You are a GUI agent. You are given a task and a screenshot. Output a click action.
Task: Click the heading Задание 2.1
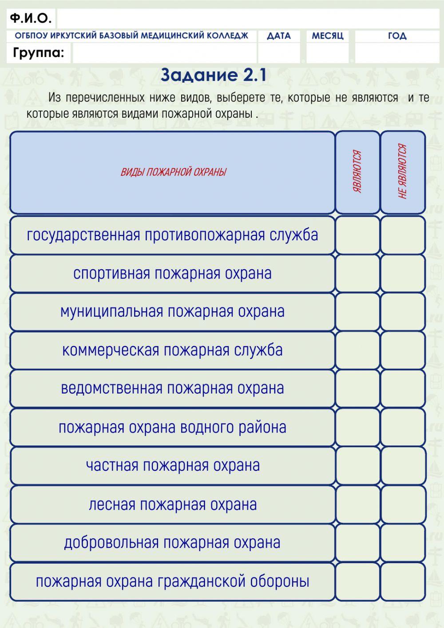tap(214, 75)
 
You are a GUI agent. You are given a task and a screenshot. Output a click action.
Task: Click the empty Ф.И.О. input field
tap(248, 19)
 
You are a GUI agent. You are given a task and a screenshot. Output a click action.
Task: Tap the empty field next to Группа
tap(164, 53)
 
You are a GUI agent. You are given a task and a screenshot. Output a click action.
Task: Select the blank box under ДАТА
tap(279, 53)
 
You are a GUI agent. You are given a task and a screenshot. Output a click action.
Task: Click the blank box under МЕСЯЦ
tap(328, 53)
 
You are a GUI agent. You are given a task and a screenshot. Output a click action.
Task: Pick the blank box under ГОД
tap(397, 53)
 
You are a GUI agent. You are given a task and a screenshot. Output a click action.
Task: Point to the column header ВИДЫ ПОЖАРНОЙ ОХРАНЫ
tap(173, 172)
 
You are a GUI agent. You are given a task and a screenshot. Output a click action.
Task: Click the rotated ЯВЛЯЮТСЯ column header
tap(357, 172)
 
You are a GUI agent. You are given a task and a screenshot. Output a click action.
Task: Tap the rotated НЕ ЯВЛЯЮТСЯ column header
tap(403, 172)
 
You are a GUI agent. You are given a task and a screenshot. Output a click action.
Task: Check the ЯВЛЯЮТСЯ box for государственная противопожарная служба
tap(357, 235)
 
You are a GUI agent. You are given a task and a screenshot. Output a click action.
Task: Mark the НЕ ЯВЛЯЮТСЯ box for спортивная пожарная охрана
tap(403, 273)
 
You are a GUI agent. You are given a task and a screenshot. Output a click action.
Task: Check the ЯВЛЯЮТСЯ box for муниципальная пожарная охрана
tap(357, 312)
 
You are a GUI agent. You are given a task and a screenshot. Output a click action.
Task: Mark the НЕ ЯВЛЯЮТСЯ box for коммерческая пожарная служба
tap(403, 350)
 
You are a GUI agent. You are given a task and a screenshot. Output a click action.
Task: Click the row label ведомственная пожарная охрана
tap(172, 388)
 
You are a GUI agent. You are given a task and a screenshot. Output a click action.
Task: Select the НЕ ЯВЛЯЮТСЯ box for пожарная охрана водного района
tap(403, 427)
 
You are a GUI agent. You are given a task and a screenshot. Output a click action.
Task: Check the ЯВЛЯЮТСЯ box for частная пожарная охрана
tap(357, 465)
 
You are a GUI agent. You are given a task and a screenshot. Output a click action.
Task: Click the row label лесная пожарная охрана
tap(172, 505)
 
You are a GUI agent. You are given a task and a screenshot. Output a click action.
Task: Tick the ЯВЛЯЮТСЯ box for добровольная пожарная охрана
tap(357, 543)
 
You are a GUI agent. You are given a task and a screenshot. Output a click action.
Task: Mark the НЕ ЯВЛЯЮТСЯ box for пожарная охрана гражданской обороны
tap(403, 581)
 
